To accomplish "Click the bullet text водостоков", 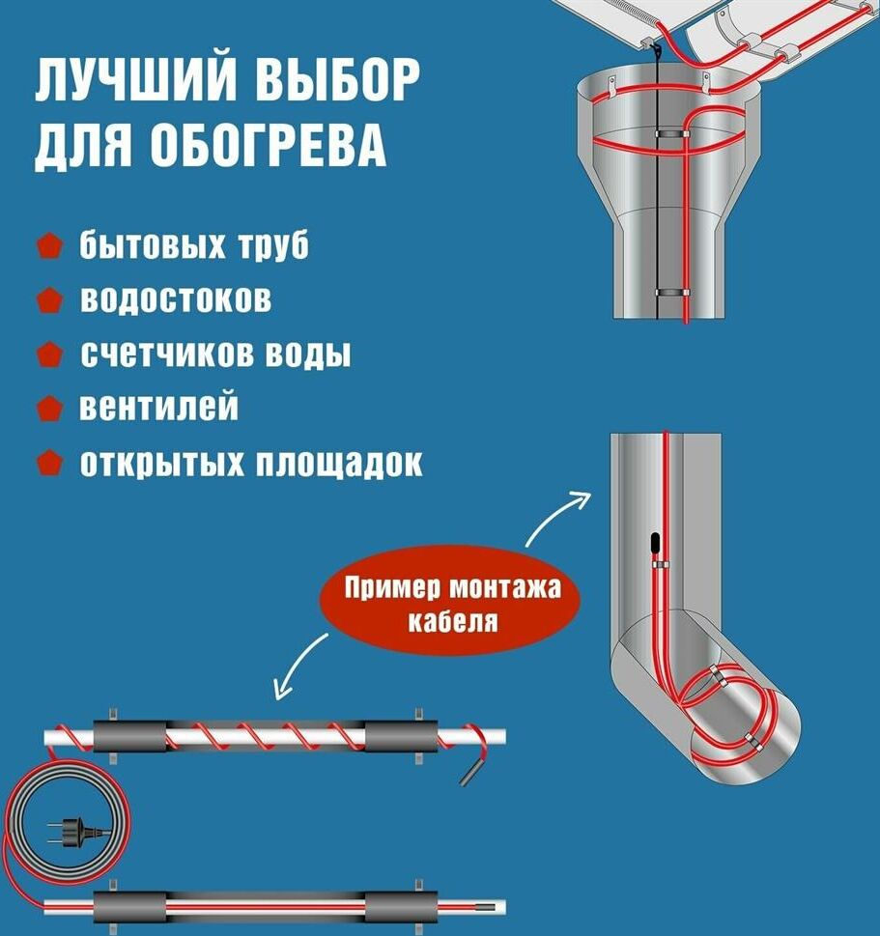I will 175,299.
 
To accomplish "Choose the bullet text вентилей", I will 158,408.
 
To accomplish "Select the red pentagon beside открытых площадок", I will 50,463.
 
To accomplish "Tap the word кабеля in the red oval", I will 451,620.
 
